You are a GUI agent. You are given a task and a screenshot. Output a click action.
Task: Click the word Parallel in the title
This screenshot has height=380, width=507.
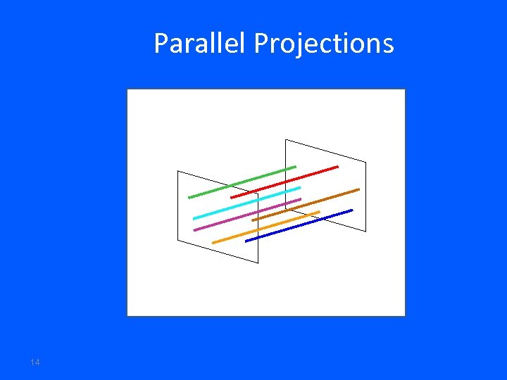[201, 44]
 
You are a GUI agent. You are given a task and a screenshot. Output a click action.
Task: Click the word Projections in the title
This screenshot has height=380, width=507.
[323, 44]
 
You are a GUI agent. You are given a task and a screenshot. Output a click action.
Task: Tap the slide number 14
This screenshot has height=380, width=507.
[35, 362]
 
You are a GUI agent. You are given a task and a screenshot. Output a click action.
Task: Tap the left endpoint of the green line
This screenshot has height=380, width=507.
[189, 198]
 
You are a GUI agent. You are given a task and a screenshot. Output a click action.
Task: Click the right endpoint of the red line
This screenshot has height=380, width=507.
[338, 167]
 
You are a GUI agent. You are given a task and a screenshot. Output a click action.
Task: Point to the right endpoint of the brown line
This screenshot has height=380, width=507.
[358, 189]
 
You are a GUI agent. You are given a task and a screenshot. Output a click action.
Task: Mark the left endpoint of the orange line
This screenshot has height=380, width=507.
[213, 243]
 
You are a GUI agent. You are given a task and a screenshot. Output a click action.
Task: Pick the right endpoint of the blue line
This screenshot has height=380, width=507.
[352, 210]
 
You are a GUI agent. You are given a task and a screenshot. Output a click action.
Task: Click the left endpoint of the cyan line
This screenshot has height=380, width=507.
[194, 218]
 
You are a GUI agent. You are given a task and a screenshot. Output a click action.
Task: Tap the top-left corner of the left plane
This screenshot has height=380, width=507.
[178, 171]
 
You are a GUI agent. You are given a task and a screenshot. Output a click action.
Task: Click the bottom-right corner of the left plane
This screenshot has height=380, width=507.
[258, 263]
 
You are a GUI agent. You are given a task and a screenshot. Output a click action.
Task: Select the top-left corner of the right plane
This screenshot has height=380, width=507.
[285, 140]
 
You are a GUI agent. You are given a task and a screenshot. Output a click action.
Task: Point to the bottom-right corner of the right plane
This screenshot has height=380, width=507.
[366, 231]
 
